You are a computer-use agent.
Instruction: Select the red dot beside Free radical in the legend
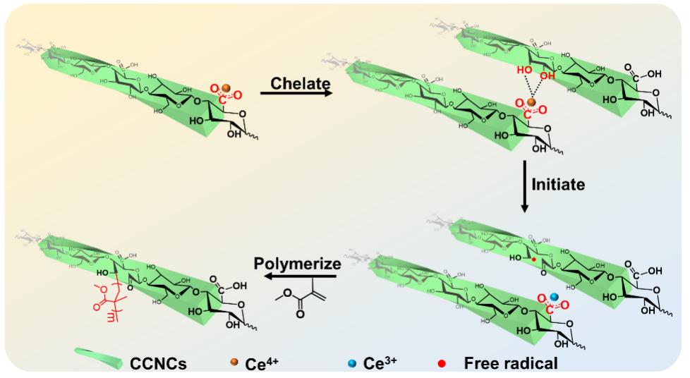point(441,363)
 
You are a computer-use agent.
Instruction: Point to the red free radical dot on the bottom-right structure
point(534,260)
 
